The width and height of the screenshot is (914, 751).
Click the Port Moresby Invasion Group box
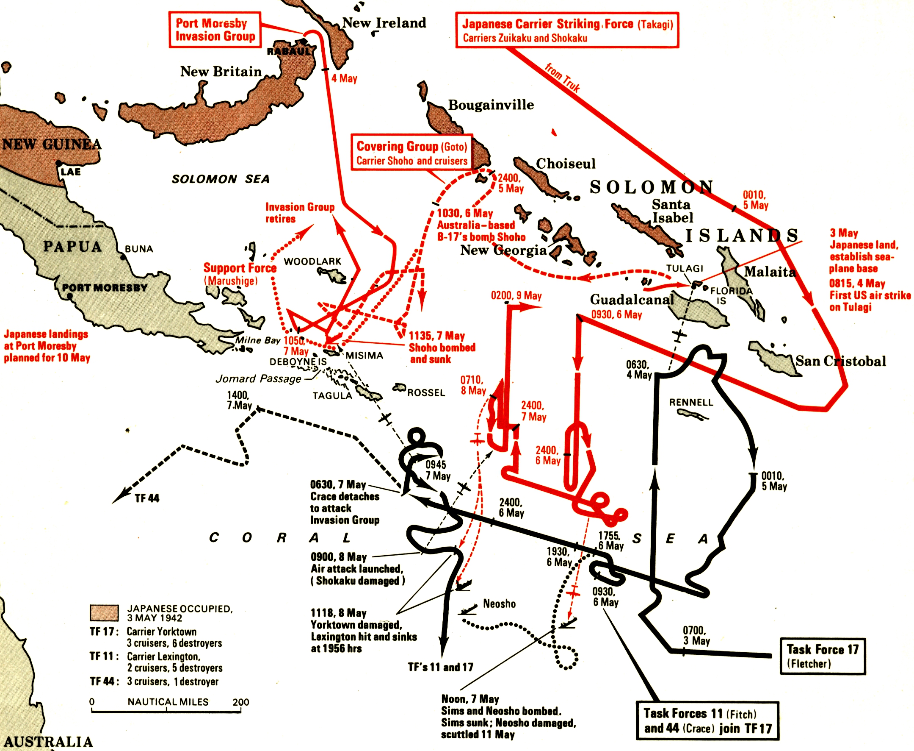pyautogui.click(x=215, y=29)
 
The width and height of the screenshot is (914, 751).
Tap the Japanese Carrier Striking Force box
pyautogui.click(x=567, y=30)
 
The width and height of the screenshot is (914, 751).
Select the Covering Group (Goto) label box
pyautogui.click(x=411, y=153)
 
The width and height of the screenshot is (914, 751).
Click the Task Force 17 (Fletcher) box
pyautogui.click(x=823, y=656)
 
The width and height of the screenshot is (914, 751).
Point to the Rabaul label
pyautogui.click(x=288, y=51)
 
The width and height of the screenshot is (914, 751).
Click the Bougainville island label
pyautogui.click(x=491, y=105)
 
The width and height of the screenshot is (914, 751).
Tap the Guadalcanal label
pyautogui.click(x=632, y=299)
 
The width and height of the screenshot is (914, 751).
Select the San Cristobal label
pyautogui.click(x=840, y=361)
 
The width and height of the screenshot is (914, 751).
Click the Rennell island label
pyautogui.click(x=691, y=402)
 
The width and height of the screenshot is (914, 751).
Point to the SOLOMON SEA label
pyautogui.click(x=221, y=179)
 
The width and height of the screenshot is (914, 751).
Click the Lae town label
pyautogui.click(x=71, y=172)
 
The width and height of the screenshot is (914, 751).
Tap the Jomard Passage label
pyautogui.click(x=258, y=379)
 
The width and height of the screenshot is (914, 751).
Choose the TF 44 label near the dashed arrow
pyautogui.click(x=147, y=498)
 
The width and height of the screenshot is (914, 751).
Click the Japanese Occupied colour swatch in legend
pyautogui.click(x=104, y=613)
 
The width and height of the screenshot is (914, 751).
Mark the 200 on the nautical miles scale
pyautogui.click(x=241, y=702)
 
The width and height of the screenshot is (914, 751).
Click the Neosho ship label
pyautogui.click(x=499, y=604)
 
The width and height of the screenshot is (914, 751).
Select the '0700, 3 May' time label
pyautogui.click(x=696, y=635)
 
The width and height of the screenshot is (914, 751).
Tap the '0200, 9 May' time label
pyautogui.click(x=516, y=296)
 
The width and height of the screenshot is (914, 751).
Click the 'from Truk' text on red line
pyautogui.click(x=562, y=78)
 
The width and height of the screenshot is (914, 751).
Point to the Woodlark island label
pyautogui.click(x=312, y=261)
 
